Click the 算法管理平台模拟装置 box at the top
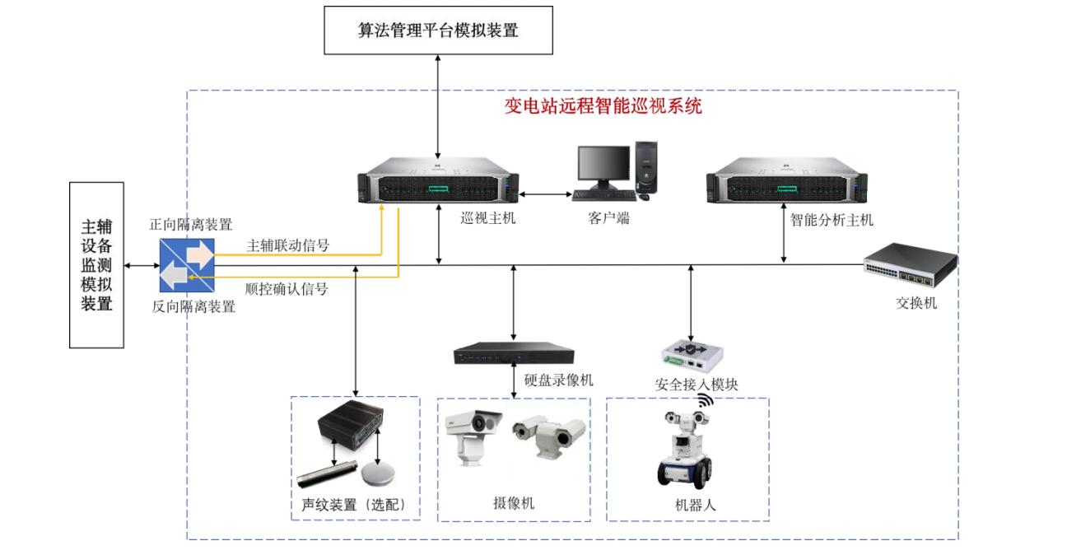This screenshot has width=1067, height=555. [x=438, y=30]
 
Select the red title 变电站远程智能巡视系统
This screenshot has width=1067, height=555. [x=603, y=106]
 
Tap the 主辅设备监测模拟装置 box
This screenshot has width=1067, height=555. [x=96, y=264]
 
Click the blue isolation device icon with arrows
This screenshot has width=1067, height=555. [x=187, y=265]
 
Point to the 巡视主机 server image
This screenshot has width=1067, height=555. [x=438, y=187]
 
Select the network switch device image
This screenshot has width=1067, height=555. [x=910, y=265]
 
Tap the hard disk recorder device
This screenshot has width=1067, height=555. [x=511, y=356]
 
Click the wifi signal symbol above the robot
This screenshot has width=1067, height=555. [x=703, y=401]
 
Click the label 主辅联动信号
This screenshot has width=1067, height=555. [x=288, y=245]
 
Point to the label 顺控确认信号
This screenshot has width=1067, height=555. [x=287, y=289]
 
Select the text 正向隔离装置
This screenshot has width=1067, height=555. [x=190, y=224]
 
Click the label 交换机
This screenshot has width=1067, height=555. [x=916, y=303]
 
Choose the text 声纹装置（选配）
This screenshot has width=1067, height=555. [x=354, y=505]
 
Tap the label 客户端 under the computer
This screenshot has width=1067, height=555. [x=608, y=219]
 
